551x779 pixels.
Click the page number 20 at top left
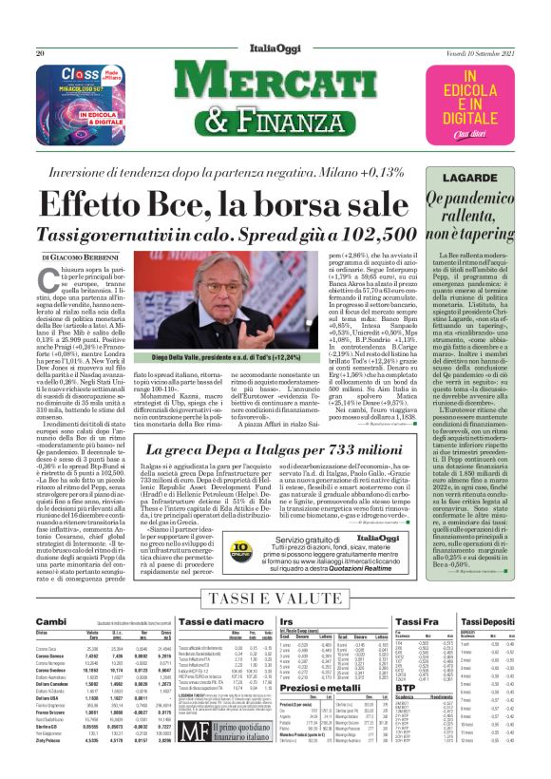pos(40,53)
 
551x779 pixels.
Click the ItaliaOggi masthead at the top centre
pos(275,52)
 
